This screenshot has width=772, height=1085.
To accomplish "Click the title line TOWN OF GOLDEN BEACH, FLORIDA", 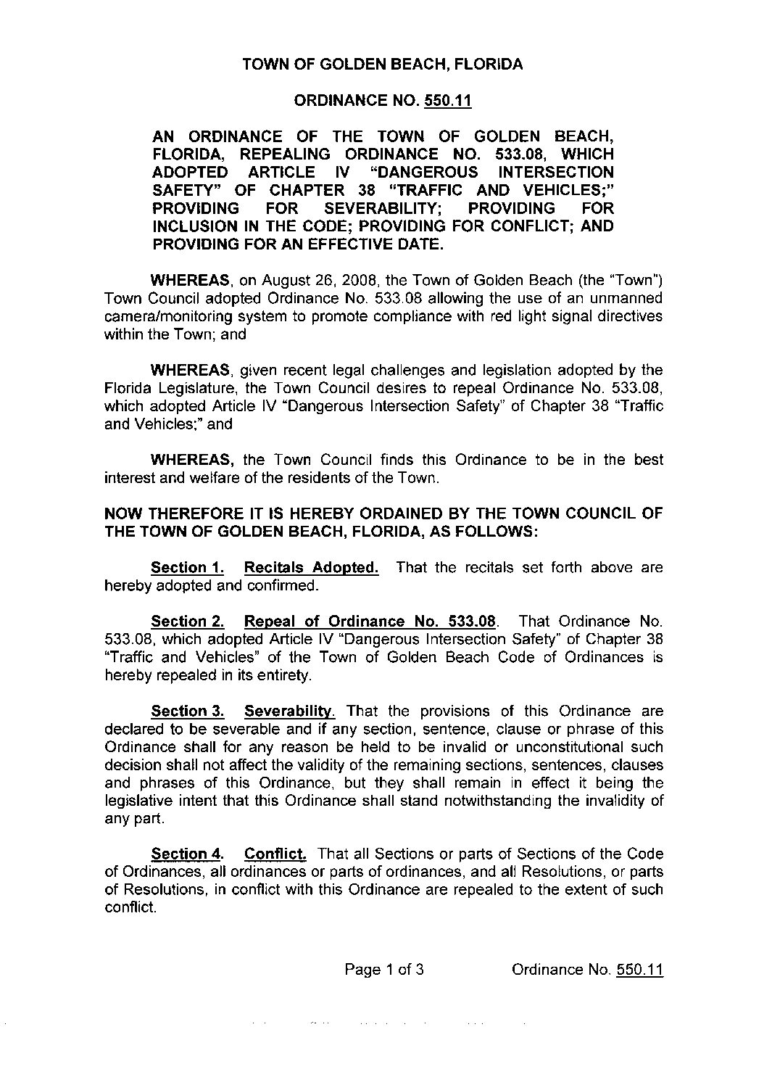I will tap(382, 65).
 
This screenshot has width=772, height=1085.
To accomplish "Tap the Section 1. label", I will tap(187, 567).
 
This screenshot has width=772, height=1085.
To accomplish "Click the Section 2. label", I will tap(187, 621).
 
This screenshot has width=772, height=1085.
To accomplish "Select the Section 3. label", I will tap(187, 711).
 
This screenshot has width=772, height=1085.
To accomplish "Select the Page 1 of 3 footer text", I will tap(384, 970).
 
